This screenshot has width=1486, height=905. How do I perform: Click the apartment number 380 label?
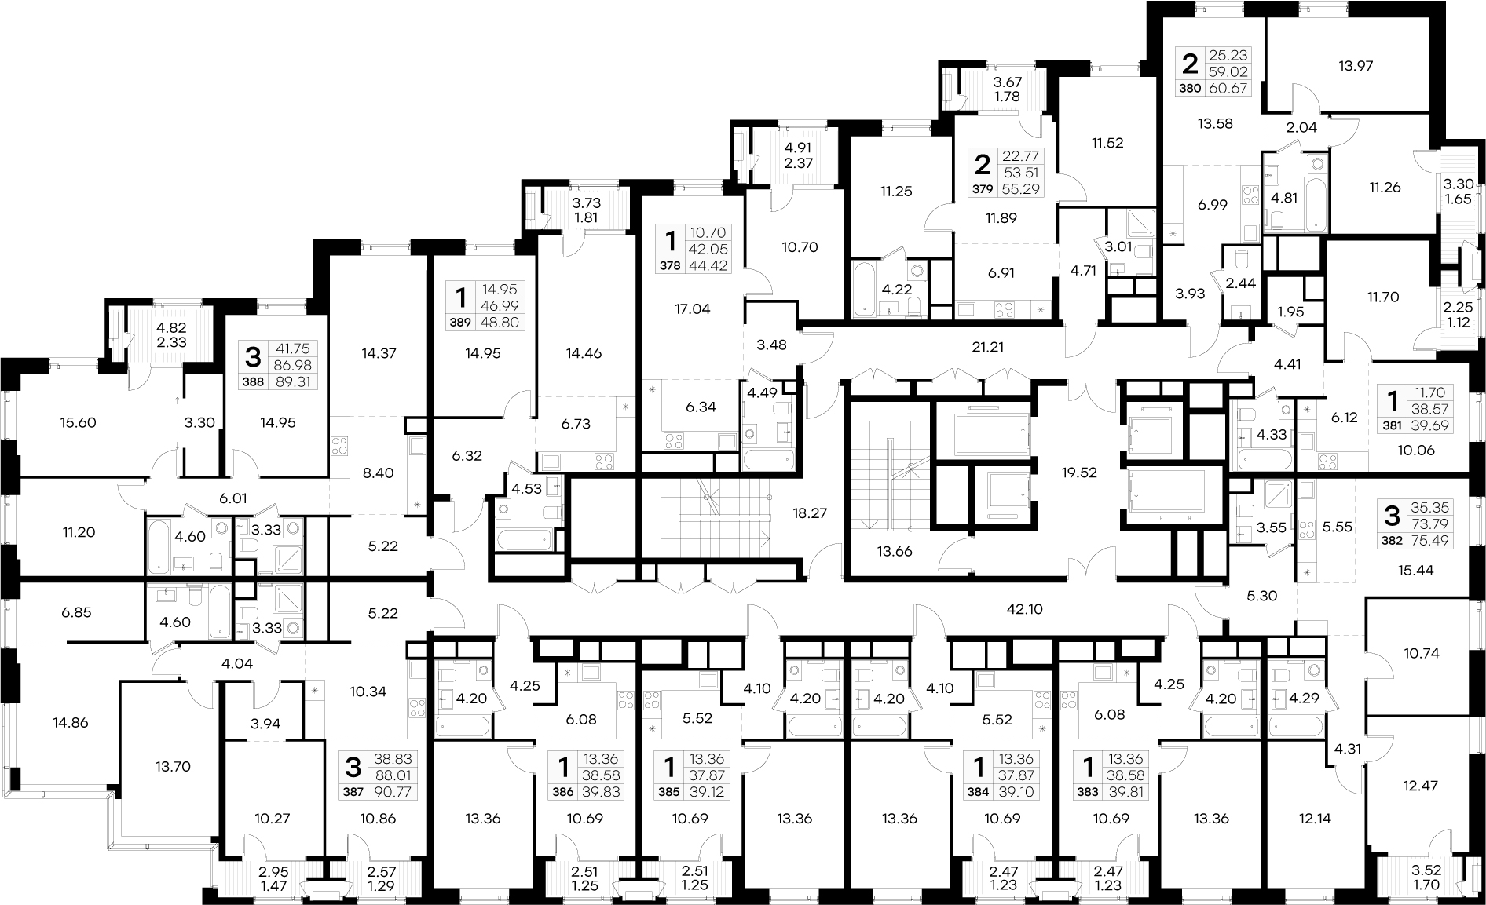[1190, 89]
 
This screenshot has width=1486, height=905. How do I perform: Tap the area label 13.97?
[1356, 66]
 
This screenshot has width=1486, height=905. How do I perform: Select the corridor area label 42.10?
[1024, 608]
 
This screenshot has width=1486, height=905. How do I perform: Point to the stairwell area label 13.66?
[893, 552]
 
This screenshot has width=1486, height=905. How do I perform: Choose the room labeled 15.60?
[78, 422]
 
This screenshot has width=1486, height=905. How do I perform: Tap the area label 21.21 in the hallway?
[987, 346]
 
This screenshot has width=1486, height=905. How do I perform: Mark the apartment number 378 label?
[670, 266]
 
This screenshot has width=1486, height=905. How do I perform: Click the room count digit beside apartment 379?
[982, 165]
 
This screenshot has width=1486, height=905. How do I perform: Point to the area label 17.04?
[692, 309]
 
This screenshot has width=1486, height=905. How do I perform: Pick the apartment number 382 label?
[1391, 541]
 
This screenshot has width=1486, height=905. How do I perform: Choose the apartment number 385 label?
[669, 793]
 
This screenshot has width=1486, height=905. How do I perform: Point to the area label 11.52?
[1107, 144]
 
